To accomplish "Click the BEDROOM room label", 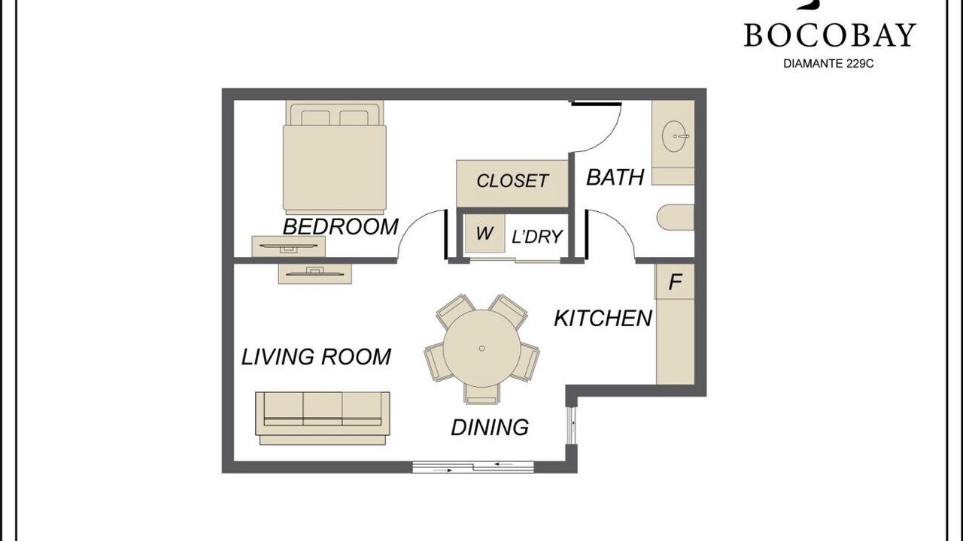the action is pos(341,227).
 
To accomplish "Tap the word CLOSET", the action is pos(512,181).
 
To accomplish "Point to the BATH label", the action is pos(615,177).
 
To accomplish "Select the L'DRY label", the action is pos(537,236).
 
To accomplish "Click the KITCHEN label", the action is pos(603,318).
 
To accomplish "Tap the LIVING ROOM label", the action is pos(316,357).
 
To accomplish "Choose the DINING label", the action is pos(490,428).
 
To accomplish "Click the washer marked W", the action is pos(485,233).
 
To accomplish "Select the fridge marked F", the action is pos(675,282).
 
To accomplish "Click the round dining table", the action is pos(482,348).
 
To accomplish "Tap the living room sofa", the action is pos(323,419).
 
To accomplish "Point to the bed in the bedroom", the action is pos(335,157).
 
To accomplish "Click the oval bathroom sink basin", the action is pos(673,137).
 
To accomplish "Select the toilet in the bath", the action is pos(676,217).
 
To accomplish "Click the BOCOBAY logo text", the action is pos(830,35).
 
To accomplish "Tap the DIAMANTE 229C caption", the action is pos(828,64).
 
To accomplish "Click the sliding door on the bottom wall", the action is pos(473,467).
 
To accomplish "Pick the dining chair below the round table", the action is pos(482,394).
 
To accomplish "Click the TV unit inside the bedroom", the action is pos(288,246).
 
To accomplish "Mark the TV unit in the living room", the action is pos(315,274).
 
